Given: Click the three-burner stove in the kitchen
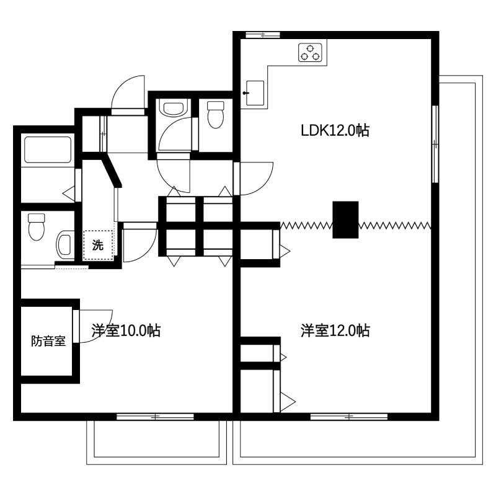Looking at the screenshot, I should (x=312, y=53).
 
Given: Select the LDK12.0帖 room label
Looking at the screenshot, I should (x=335, y=131).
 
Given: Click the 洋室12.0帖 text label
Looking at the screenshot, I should (x=335, y=330).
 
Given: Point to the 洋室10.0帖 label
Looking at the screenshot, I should (x=126, y=330).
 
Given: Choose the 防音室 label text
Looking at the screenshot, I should (x=48, y=341).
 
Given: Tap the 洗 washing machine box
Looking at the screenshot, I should (x=99, y=244).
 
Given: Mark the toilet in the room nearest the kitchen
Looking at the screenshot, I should (x=215, y=114).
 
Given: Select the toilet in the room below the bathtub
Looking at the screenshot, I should (x=37, y=226).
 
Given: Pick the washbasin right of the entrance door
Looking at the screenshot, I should (x=170, y=109).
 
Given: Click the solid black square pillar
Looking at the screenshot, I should (x=346, y=219).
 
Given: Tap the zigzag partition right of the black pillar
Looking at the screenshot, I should (x=395, y=224).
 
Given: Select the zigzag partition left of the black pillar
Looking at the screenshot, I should (x=306, y=224).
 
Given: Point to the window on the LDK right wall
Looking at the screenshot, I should (x=435, y=144).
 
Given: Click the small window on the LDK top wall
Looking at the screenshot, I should (x=259, y=35).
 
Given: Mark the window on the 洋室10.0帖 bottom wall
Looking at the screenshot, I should (x=147, y=416).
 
